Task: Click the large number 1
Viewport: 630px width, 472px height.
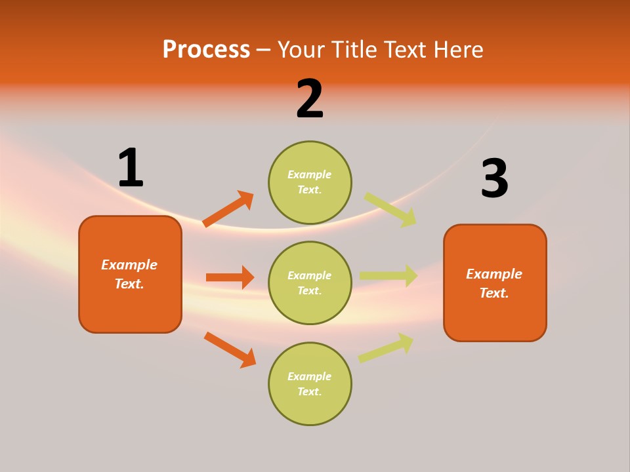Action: (131, 168)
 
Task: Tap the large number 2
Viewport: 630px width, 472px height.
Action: (310, 99)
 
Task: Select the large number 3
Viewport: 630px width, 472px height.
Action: (494, 178)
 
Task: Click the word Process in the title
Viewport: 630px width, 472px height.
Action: (206, 49)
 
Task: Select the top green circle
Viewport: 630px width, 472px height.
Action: (310, 182)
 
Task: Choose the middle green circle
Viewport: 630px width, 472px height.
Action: (310, 283)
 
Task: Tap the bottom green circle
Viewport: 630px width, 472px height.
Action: (310, 383)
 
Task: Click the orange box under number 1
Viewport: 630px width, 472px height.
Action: (130, 274)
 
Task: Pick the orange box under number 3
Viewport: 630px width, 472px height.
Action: (495, 283)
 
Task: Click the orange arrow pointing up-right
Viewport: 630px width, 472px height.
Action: (228, 208)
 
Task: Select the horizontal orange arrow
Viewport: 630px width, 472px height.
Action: (230, 277)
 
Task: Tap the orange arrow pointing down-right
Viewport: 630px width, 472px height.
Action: (230, 349)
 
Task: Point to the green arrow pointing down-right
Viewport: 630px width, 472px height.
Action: (390, 210)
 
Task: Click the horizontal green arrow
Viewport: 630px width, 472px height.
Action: (388, 275)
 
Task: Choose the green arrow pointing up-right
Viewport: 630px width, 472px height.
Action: (386, 347)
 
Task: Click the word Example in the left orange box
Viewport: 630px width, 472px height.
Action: (129, 265)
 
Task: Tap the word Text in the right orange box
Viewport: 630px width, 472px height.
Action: (493, 293)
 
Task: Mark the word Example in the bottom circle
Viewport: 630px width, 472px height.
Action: (309, 376)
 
